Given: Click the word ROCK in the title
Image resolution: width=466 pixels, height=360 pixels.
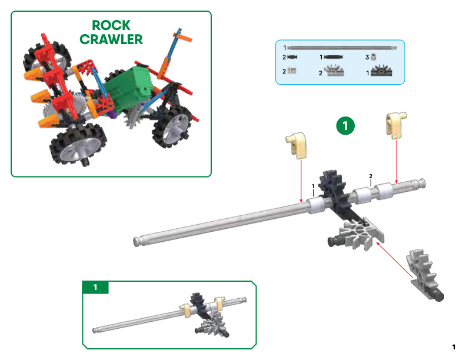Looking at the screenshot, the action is pyautogui.click(x=111, y=25).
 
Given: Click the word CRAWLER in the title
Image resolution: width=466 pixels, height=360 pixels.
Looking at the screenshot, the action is pyautogui.click(x=111, y=39).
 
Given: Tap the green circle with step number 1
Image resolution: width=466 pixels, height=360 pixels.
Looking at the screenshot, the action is pyautogui.click(x=345, y=126).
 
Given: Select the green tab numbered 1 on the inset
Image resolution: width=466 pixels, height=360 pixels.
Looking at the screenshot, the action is pyautogui.click(x=95, y=287).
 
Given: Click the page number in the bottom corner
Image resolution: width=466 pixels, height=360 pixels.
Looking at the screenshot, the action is pyautogui.click(x=454, y=347).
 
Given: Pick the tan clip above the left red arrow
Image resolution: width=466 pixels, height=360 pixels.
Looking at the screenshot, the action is pyautogui.click(x=297, y=145).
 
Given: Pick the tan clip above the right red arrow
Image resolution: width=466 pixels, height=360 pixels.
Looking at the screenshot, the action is pyautogui.click(x=396, y=125).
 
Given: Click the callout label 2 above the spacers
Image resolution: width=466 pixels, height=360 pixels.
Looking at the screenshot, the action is pyautogui.click(x=371, y=176).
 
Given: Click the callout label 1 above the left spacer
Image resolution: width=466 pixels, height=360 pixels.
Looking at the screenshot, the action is pyautogui.click(x=313, y=186).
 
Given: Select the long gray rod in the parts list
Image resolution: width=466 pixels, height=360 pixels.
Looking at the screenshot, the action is pyautogui.click(x=342, y=48).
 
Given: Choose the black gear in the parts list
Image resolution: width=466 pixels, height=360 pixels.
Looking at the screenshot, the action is pyautogui.click(x=382, y=71).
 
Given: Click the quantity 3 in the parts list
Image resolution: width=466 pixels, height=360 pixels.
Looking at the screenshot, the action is pyautogui.click(x=367, y=57).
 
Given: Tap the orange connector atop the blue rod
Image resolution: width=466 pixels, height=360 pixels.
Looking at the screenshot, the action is pyautogui.click(x=182, y=36).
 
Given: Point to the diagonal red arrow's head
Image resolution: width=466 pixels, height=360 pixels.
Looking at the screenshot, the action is pyautogui.click(x=378, y=244).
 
